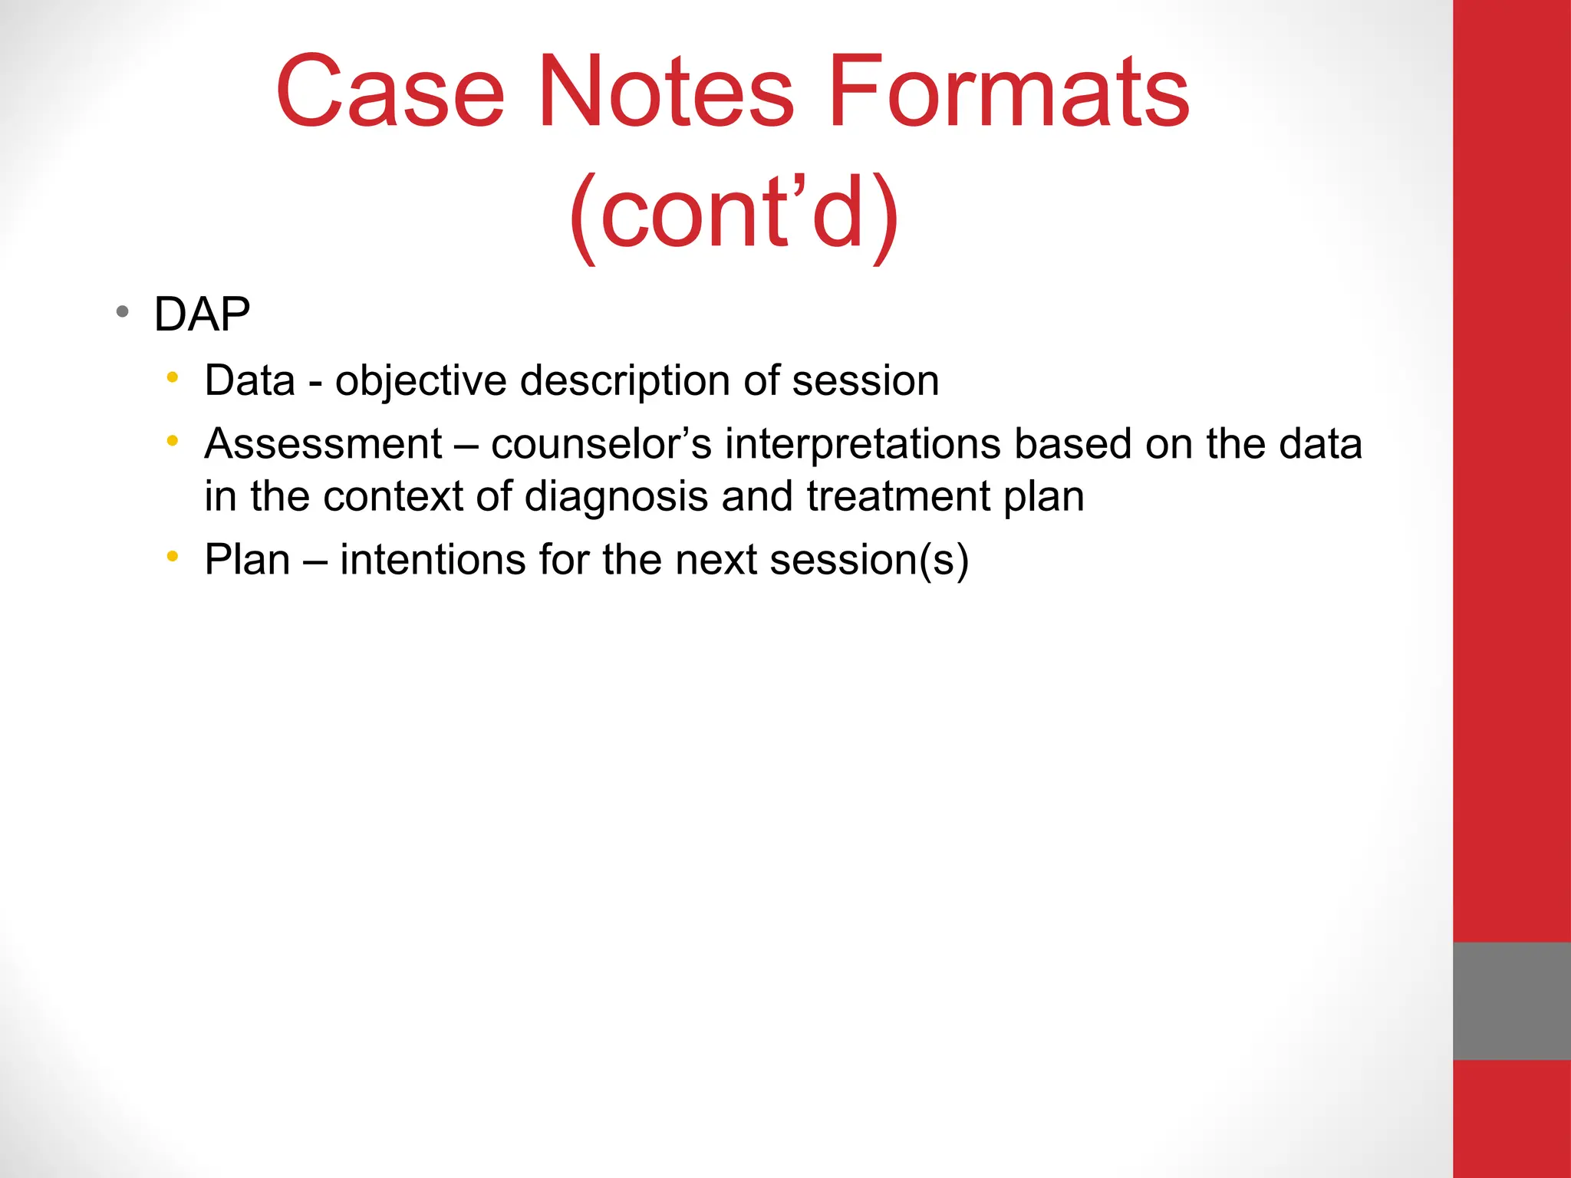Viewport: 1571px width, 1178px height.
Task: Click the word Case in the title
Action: (390, 92)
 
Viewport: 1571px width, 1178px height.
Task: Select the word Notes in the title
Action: (666, 92)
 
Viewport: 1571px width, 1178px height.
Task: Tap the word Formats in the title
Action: (1008, 92)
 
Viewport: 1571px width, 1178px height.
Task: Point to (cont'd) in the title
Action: (734, 212)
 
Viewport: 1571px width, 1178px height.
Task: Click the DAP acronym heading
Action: (202, 314)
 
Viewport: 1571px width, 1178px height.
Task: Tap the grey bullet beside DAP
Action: (122, 312)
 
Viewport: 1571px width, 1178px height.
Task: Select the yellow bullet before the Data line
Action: (173, 377)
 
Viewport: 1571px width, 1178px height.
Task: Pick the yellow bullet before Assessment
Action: (173, 441)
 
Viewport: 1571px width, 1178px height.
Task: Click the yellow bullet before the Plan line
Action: (173, 556)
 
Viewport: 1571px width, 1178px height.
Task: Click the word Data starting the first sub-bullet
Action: (249, 380)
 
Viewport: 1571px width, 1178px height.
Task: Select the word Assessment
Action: (323, 444)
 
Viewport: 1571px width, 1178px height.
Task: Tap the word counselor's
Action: (601, 444)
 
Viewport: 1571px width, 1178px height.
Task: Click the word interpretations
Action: (863, 444)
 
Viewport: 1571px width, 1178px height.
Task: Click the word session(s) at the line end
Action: (869, 560)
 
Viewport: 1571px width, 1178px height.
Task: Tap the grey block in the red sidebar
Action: (1511, 1000)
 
